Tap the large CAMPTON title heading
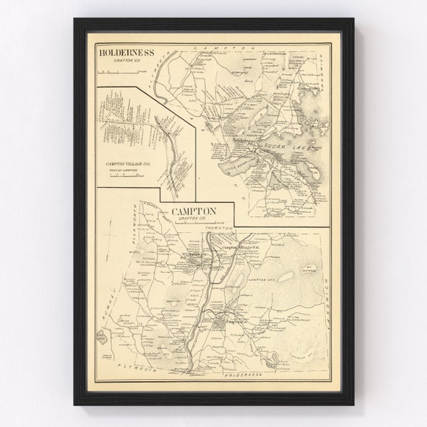[194, 211]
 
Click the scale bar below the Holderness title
[118, 72]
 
